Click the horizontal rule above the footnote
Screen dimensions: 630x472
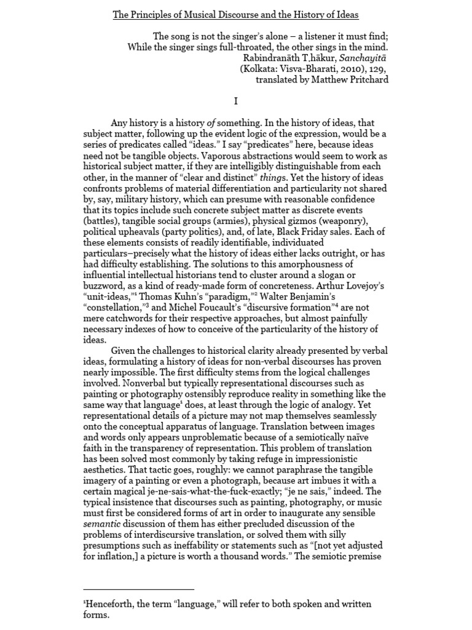point(138,589)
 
